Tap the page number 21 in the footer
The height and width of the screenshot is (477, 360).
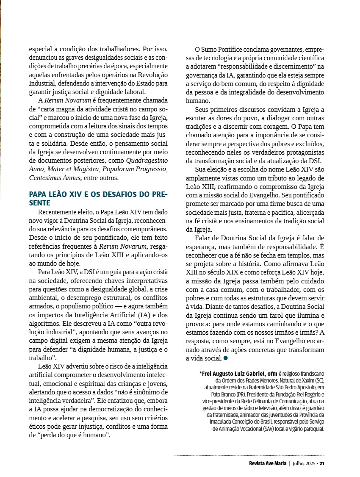pos(322,463)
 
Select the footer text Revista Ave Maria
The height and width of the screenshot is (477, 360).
pos(268,463)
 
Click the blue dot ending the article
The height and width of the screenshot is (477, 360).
pos(226,358)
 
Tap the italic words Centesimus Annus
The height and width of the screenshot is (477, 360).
pos(52,178)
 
